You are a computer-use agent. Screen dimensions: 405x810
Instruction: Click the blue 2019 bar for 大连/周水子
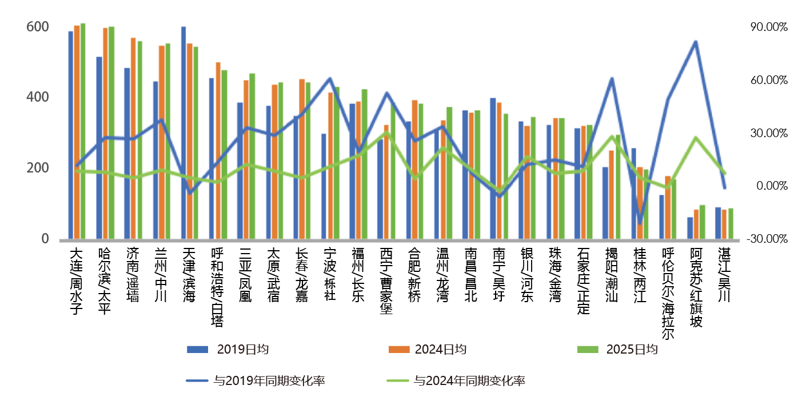pos(71,135)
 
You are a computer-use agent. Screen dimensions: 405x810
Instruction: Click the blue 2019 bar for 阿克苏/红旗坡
pos(690,228)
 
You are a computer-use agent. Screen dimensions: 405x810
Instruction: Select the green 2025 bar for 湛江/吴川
pos(731,223)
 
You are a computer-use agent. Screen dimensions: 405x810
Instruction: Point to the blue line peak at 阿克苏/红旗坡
pos(696,42)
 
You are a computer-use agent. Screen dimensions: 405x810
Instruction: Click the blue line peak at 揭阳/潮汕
pos(612,78)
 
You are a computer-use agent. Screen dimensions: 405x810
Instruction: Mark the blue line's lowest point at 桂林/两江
pos(640,224)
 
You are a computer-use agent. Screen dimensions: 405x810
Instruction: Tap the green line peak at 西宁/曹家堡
pos(386,133)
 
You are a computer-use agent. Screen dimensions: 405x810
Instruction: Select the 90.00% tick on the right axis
pos(769,27)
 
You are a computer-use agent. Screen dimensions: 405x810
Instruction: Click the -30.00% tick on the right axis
pos(768,239)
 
